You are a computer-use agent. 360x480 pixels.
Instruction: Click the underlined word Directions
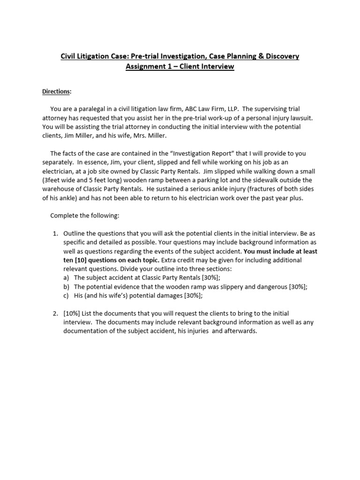(x=57, y=91)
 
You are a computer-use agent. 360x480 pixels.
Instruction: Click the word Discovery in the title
(x=279, y=56)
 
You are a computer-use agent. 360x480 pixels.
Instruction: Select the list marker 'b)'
(x=67, y=286)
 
